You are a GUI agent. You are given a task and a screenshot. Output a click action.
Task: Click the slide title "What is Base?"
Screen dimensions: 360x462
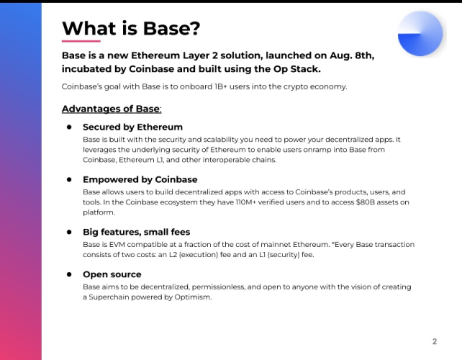pos(130,28)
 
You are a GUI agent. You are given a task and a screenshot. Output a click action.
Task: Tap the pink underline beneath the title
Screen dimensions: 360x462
pos(81,41)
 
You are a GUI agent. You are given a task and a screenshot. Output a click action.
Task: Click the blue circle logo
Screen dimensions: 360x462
pos(420,34)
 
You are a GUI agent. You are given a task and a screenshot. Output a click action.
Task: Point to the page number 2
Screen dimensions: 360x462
pos(435,341)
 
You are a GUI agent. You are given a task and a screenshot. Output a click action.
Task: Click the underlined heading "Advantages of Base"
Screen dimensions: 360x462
pos(111,109)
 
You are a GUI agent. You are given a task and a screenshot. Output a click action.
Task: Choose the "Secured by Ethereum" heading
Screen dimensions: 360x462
pos(132,127)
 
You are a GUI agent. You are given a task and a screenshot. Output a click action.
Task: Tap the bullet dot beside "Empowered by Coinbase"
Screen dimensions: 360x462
pos(69,179)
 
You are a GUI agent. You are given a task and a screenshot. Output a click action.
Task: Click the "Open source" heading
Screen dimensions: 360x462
pos(112,274)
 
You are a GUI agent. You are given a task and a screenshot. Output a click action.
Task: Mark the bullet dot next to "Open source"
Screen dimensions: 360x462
pos(69,274)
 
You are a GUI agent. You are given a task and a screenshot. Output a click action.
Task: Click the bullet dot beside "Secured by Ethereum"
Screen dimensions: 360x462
pos(69,127)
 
